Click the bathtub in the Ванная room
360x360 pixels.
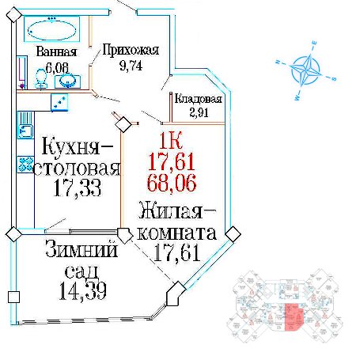pos(51,29)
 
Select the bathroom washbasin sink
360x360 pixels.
pos(67,81)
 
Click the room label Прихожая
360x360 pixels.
pos(131,50)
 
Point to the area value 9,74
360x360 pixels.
pos(131,66)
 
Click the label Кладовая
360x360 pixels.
pos(199,99)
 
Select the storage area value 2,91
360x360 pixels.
pos(199,112)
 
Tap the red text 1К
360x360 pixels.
pos(171,141)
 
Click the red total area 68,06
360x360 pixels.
pos(172,183)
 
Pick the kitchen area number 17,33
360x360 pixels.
pos(78,188)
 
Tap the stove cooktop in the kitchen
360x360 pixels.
pos(25,165)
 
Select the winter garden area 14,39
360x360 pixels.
pos(83,291)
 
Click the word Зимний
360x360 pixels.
pos(81,248)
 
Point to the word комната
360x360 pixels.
pos(177,233)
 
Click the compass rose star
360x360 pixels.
pos(306,70)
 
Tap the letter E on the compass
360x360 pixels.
pos(314,44)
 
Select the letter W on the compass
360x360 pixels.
pos(297,98)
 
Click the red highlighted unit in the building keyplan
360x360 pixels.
pos(293,316)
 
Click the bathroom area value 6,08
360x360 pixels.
pos(57,68)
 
